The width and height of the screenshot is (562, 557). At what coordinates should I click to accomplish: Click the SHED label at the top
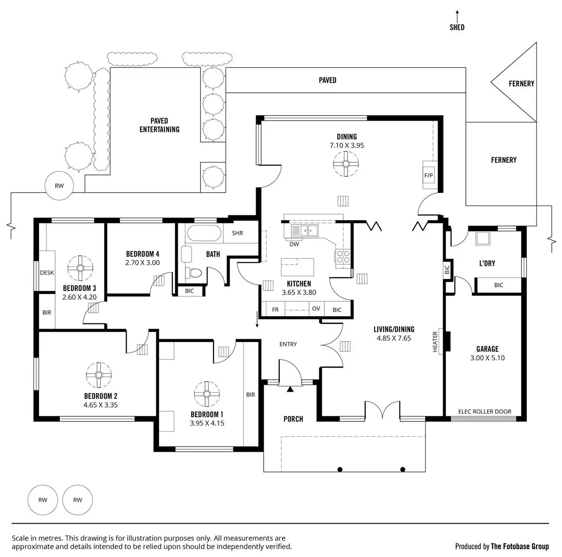point(457,27)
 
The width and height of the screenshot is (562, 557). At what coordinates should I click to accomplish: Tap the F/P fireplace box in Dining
point(428,175)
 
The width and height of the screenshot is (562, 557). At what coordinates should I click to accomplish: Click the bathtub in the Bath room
point(203,233)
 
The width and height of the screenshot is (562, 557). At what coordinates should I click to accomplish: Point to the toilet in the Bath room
point(192,272)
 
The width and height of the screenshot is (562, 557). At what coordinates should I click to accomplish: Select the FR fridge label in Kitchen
point(275,310)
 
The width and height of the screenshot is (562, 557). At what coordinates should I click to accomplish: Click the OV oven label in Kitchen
point(316,309)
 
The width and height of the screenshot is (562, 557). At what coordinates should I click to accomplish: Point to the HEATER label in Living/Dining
point(435,341)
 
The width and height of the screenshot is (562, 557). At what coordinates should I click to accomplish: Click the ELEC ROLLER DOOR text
point(484,412)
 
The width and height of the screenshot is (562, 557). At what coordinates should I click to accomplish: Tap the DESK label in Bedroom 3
point(47,273)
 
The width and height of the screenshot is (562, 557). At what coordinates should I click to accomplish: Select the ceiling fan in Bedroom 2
point(99,375)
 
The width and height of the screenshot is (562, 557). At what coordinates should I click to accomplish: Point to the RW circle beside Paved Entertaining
point(59,186)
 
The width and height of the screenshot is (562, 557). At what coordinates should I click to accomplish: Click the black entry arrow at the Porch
point(291,389)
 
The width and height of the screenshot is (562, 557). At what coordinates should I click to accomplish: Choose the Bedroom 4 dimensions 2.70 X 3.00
point(142,263)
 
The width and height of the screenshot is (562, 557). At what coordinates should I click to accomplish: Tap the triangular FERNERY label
point(521,84)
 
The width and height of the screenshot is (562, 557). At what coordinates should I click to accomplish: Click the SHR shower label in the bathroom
point(237,233)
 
